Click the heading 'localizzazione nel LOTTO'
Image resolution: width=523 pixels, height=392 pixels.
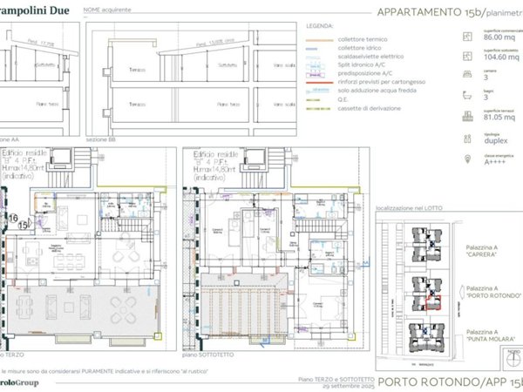pyautogui.click(x=410, y=210)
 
